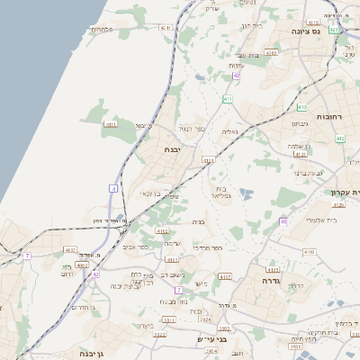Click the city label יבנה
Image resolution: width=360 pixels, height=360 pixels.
(x=174, y=150)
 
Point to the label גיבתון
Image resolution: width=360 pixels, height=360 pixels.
(x=300, y=123)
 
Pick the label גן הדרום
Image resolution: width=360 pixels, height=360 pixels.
(x=79, y=308)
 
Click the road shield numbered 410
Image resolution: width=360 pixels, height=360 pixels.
(x=228, y=98)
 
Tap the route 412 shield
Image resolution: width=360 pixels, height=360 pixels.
(x=339, y=139)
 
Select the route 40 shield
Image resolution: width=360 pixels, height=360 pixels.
(x=283, y=220)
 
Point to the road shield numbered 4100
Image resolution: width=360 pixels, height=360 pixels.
(x=309, y=252)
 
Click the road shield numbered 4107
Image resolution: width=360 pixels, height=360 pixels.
(x=224, y=276)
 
